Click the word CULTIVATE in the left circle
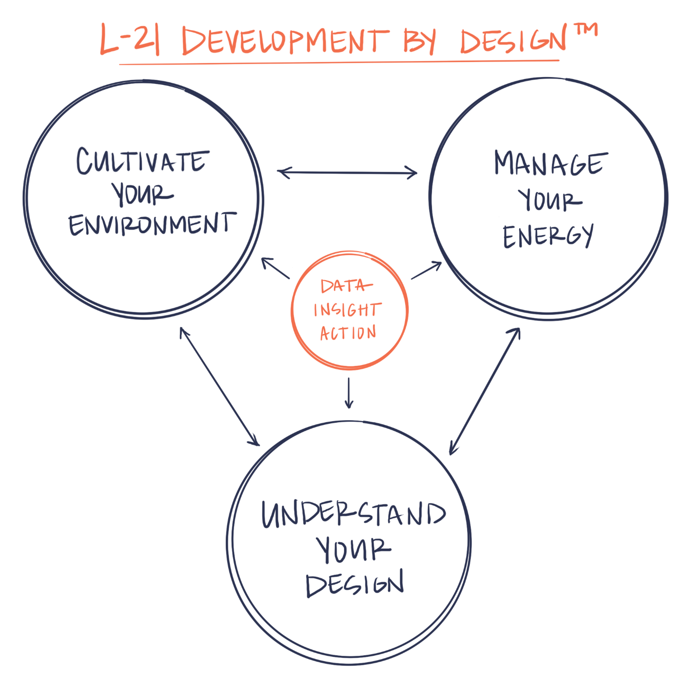[143, 161]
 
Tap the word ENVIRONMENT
[152, 224]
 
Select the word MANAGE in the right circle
[550, 163]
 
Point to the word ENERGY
[548, 236]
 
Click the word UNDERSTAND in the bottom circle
[353, 514]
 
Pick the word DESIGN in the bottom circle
[355, 584]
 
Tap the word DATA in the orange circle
[346, 286]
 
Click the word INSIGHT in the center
[348, 310]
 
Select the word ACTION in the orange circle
[348, 333]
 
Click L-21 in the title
[130, 40]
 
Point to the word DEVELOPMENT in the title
[285, 41]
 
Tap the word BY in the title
[420, 41]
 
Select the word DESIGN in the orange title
[513, 41]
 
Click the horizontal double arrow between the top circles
[347, 172]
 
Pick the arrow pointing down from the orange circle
[349, 393]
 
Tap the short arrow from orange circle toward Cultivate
[275, 268]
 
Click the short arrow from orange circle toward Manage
[427, 270]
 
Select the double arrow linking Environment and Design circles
[220, 386]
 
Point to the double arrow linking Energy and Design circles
[485, 391]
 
